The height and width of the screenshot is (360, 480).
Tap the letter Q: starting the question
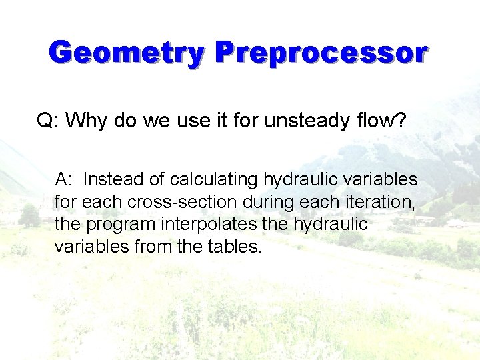tap(47, 121)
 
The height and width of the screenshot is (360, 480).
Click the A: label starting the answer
tap(65, 179)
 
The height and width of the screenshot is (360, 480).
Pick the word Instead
tap(114, 179)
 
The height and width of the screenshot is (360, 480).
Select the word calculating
tap(214, 180)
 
